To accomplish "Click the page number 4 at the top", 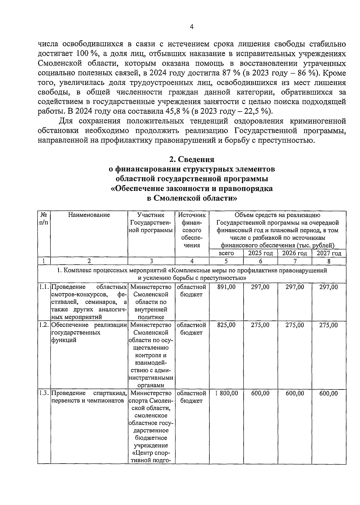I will click(192, 27).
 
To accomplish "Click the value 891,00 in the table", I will click(226, 287).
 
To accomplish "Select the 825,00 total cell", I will click(226, 325).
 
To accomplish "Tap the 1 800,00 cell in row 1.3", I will click(226, 393).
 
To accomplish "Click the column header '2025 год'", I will click(260, 253).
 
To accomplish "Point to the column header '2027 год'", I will click(329, 253).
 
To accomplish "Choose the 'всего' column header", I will click(226, 253).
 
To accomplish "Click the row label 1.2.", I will click(44, 325).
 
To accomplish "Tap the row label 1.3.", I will click(44, 393).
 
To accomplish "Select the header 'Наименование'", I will click(89, 215).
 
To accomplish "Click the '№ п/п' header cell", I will click(44, 219).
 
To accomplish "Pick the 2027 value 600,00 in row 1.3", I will click(328, 393).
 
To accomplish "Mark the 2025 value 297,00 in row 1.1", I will click(260, 287).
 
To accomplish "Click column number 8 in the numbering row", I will click(329, 261).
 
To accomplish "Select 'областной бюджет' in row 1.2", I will click(191, 329).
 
